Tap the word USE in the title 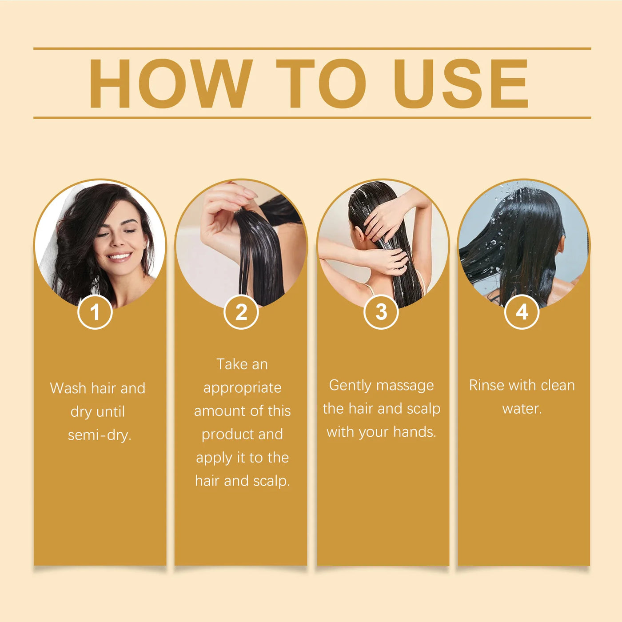pyautogui.click(x=461, y=84)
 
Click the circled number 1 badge pyautogui.click(x=95, y=312)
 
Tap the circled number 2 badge pyautogui.click(x=241, y=312)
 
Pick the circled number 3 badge pyautogui.click(x=381, y=312)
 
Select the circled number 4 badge pyautogui.click(x=522, y=312)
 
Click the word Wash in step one pyautogui.click(x=68, y=388)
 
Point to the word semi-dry pyautogui.click(x=100, y=435)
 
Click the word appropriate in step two pyautogui.click(x=242, y=388)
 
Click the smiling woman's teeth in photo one pyautogui.click(x=120, y=256)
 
